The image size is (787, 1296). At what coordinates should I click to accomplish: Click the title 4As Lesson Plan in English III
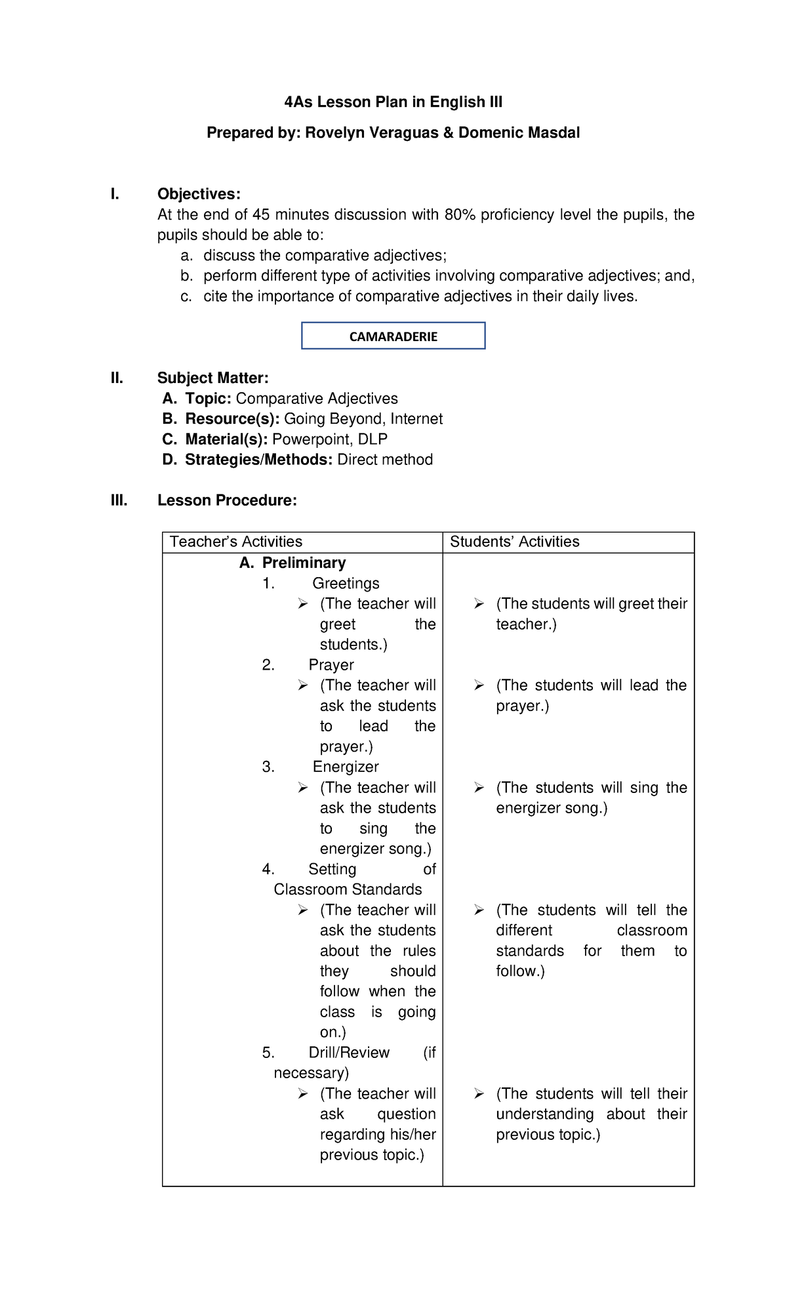point(393,102)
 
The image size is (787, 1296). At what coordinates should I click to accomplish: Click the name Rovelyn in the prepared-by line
point(335,133)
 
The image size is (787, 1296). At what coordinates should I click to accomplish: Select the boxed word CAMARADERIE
point(393,336)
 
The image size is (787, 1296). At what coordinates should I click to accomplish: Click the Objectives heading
point(199,194)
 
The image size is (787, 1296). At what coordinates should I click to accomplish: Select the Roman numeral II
point(117,378)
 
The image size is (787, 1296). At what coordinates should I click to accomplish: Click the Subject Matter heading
point(212,378)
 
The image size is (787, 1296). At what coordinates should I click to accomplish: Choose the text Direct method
point(385,460)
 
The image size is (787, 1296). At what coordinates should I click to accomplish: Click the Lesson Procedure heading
point(227,500)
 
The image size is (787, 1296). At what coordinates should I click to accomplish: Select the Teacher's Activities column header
point(236,542)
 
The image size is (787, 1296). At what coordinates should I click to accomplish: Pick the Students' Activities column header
point(514,542)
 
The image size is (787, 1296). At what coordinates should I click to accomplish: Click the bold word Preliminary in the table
point(304,563)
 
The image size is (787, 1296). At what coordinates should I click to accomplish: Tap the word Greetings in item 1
point(346,583)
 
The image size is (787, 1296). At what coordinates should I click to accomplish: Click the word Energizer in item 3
point(346,767)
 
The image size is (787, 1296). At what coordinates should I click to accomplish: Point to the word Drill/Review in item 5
point(349,1053)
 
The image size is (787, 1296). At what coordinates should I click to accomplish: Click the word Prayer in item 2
point(331,665)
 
